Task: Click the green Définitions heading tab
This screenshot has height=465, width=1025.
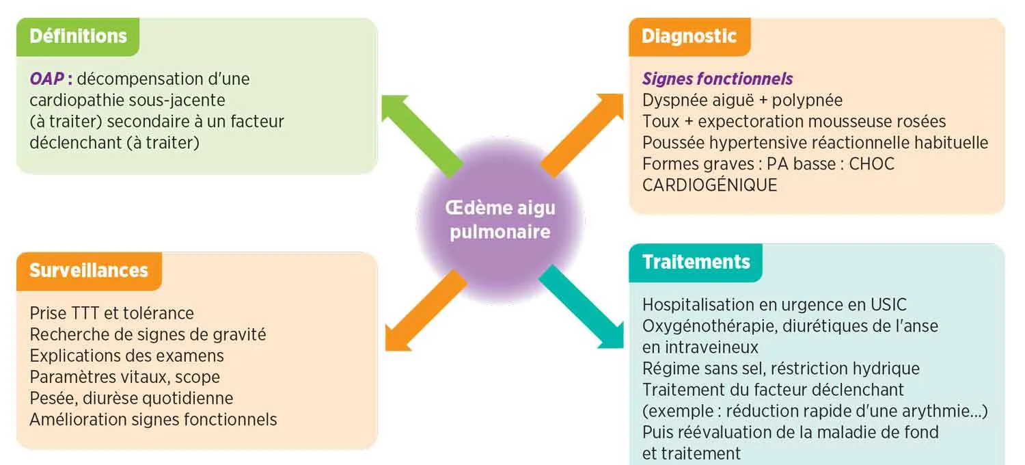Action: (78, 36)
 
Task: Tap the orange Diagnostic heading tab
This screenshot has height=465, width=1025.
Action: (689, 36)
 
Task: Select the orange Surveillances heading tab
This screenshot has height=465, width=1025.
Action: (89, 270)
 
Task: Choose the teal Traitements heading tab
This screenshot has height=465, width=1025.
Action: (696, 262)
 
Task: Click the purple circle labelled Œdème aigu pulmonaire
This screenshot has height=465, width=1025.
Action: (500, 220)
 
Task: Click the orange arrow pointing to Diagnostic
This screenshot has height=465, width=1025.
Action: (575, 135)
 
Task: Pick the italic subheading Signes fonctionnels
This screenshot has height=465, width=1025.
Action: (717, 79)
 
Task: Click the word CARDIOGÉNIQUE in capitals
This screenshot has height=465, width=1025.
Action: (709, 185)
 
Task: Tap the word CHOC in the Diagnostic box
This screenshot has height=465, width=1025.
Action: (871, 164)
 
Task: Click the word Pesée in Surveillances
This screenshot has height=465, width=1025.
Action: (50, 398)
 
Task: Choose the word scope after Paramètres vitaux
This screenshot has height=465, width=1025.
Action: (197, 377)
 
